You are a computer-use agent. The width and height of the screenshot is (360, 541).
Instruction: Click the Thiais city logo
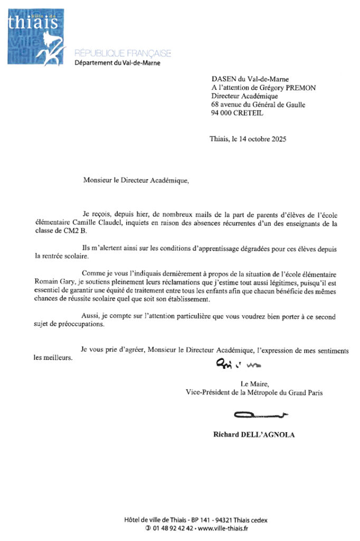coord(36,36)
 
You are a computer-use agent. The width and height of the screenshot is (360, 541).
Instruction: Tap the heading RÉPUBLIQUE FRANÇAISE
coord(122,53)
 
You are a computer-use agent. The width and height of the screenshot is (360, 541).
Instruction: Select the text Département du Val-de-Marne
coord(117,63)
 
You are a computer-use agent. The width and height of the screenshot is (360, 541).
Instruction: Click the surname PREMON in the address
coord(301,88)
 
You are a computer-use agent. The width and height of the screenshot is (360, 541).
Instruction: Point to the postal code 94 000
coord(222,113)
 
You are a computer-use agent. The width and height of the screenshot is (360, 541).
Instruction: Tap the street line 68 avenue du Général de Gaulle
coord(258,105)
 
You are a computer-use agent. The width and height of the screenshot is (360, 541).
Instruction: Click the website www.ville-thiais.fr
coord(223,528)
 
